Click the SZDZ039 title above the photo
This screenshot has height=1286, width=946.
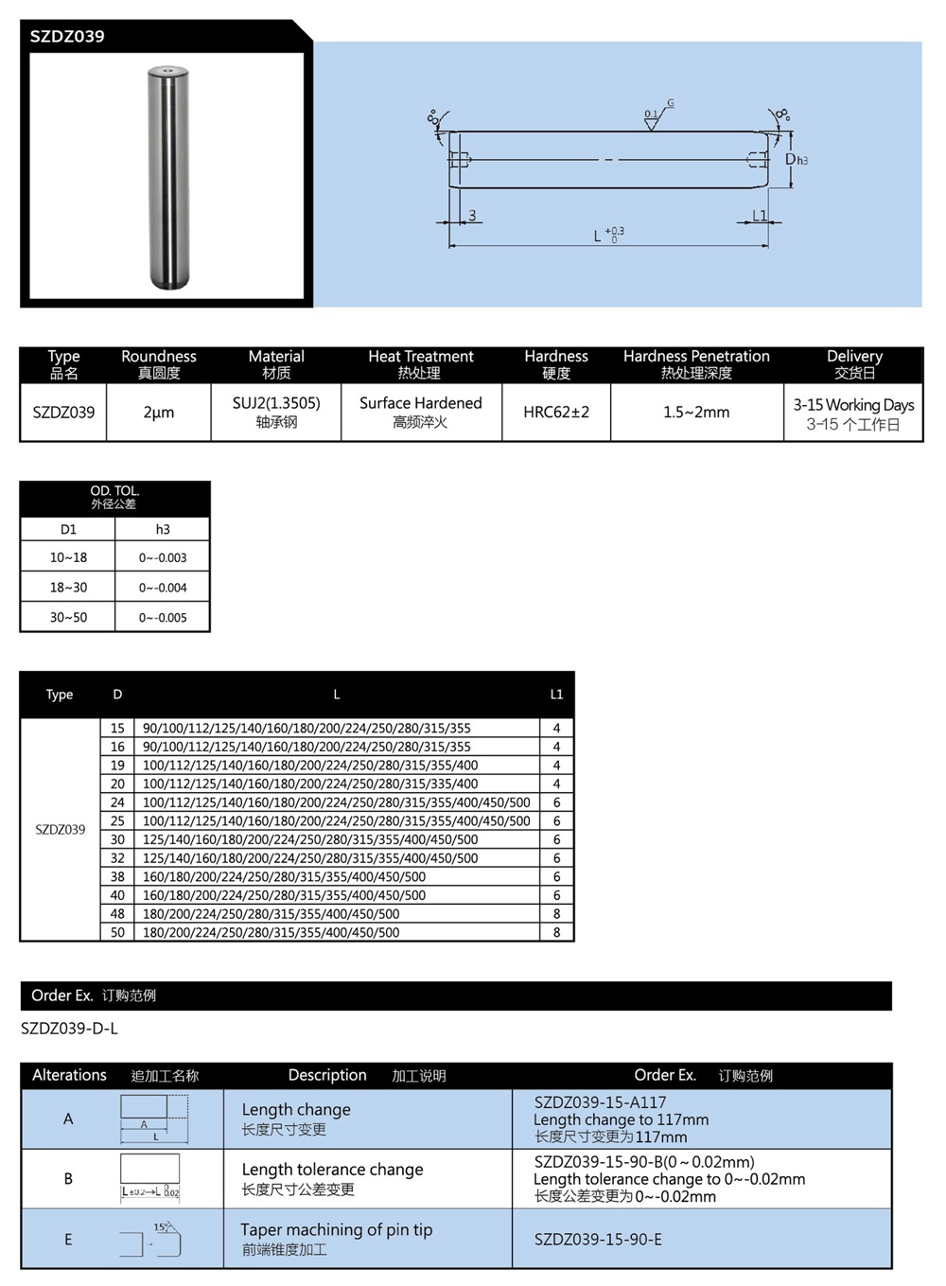(x=67, y=37)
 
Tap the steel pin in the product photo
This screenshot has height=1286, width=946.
(x=169, y=177)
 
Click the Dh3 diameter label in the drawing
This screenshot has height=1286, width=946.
(x=796, y=160)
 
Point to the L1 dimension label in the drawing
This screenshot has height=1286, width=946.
(x=759, y=216)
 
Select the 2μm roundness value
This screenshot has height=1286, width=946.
(x=158, y=413)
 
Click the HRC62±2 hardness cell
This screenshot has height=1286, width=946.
(x=556, y=413)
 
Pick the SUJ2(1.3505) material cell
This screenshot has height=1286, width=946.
(x=276, y=412)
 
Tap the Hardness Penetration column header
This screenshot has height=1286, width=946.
(x=696, y=364)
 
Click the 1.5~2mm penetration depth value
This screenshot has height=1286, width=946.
(x=696, y=413)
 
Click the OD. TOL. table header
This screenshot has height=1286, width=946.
(x=114, y=497)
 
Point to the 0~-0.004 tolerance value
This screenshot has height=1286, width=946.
(x=163, y=588)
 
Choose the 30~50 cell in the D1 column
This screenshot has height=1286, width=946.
(x=68, y=618)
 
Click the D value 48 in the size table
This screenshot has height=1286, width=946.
(x=117, y=914)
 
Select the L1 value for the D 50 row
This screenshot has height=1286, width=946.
(x=556, y=933)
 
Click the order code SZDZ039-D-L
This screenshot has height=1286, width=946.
(x=69, y=1029)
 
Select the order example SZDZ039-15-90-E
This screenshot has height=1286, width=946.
(x=598, y=1240)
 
